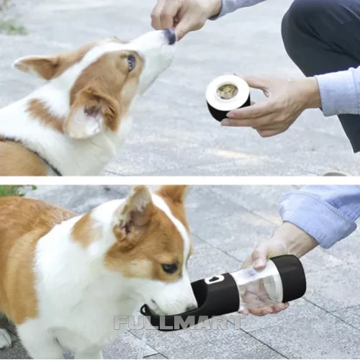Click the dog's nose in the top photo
171,36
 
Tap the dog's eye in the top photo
131,63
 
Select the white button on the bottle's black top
214,279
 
